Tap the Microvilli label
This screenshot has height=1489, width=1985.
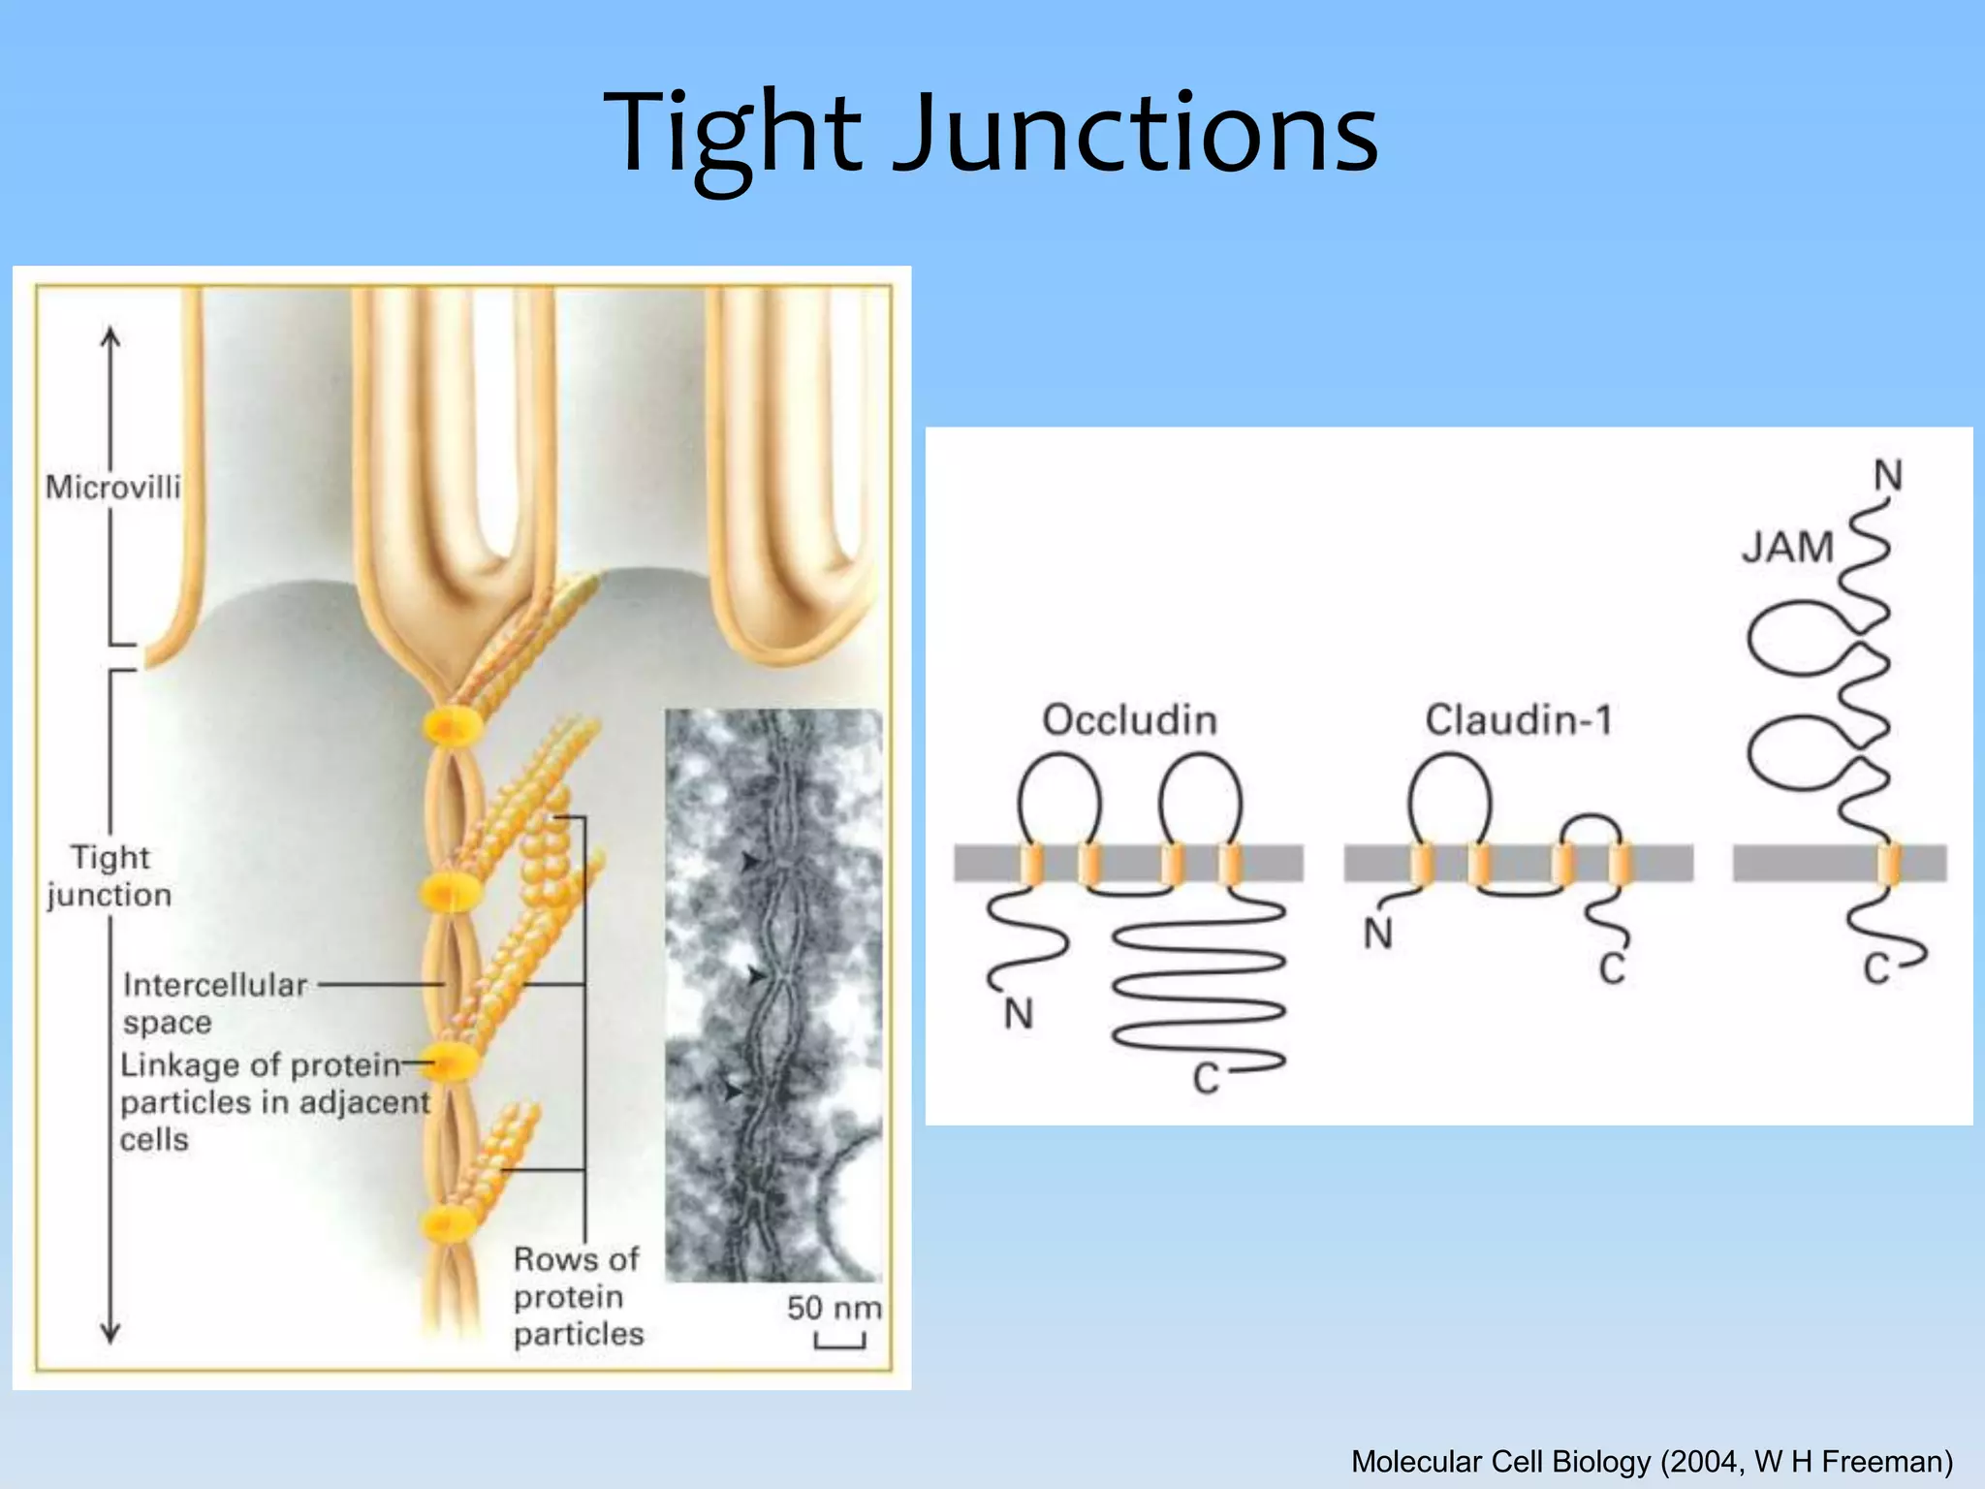tap(113, 487)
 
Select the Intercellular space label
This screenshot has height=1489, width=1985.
tap(214, 1003)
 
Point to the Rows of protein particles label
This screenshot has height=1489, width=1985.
tap(578, 1297)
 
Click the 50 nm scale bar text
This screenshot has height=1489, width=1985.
tap(834, 1308)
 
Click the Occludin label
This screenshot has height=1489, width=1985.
tap(1129, 720)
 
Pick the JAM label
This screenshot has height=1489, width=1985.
tap(1788, 548)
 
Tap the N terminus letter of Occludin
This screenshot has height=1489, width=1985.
tap(1018, 1014)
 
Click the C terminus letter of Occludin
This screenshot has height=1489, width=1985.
tap(1205, 1078)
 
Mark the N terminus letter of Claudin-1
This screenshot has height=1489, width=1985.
tap(1377, 934)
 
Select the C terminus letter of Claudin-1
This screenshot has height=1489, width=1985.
tap(1612, 968)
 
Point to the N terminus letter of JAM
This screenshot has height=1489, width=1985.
tap(1888, 476)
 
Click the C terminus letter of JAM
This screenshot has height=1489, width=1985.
tap(1876, 968)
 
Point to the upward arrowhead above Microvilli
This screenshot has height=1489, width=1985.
tap(111, 337)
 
